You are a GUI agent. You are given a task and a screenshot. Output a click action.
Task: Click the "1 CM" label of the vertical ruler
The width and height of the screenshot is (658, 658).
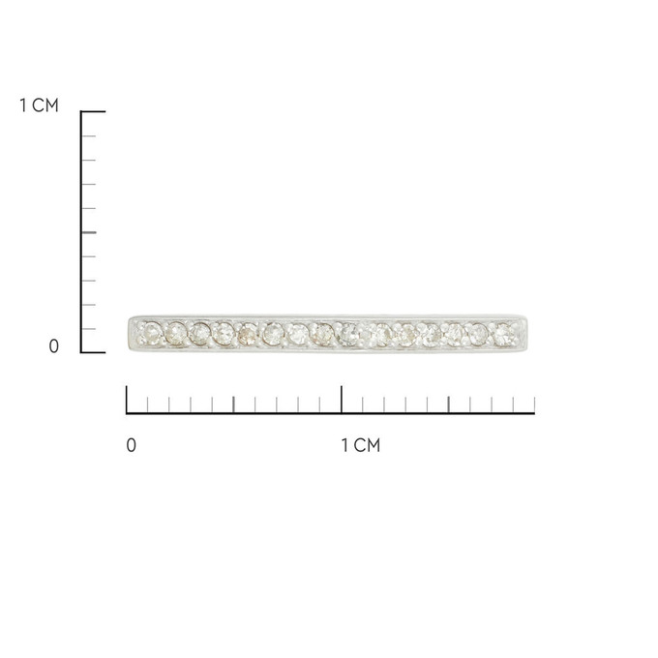pyautogui.click(x=39, y=105)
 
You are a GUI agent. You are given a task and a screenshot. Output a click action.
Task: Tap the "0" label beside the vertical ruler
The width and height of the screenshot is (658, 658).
pyautogui.click(x=54, y=346)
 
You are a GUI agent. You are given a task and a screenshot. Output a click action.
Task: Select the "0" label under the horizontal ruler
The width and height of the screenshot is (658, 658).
pyautogui.click(x=132, y=445)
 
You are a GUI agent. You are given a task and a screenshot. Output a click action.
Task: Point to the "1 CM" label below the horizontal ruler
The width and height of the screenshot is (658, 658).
pyautogui.click(x=361, y=445)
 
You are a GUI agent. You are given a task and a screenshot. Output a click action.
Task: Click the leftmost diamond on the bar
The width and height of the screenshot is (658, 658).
pyautogui.click(x=152, y=333)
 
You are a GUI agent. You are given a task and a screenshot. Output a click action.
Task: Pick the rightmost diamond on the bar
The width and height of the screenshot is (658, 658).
pyautogui.click(x=503, y=335)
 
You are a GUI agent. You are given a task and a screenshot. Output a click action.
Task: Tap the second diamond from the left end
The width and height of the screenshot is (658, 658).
pyautogui.click(x=176, y=333)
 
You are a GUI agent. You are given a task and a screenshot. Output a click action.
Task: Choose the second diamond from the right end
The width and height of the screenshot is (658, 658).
pyautogui.click(x=478, y=335)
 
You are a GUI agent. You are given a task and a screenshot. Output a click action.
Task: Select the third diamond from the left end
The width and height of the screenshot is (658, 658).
pyautogui.click(x=199, y=334)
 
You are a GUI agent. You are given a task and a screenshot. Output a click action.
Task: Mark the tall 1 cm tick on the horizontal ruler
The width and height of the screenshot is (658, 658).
pyautogui.click(x=342, y=400)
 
